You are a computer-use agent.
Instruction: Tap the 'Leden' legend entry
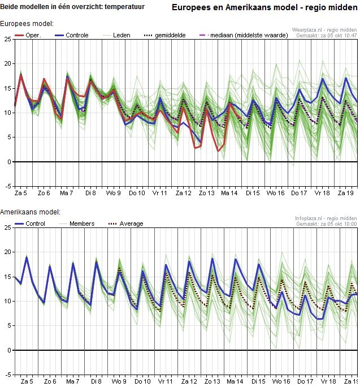[121, 35]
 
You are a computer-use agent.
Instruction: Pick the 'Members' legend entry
[81, 223]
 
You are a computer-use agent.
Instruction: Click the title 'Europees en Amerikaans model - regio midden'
[264, 8]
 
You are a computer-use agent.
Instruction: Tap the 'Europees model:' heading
[27, 24]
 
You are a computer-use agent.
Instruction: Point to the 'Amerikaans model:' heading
[30, 212]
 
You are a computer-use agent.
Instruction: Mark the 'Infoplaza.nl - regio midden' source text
[326, 218]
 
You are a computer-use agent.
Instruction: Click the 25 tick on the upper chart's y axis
[7, 39]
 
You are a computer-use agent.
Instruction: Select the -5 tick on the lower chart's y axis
[7, 375]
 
